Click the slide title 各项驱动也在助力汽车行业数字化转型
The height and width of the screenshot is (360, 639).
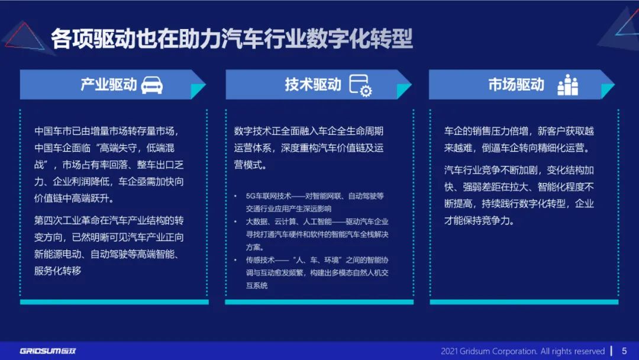click(231, 40)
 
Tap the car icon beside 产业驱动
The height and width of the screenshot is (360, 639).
click(152, 85)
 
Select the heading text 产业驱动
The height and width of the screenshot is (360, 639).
click(108, 85)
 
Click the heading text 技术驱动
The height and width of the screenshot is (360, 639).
click(313, 85)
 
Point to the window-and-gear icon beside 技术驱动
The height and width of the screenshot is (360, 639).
click(360, 85)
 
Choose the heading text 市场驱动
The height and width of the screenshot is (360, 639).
click(516, 85)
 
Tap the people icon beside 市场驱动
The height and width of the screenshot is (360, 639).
click(567, 85)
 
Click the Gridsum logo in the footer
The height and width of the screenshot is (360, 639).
click(48, 351)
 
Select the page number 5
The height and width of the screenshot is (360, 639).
click(624, 351)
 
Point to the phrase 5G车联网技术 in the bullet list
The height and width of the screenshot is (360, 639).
click(267, 196)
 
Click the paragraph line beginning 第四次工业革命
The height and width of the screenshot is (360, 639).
click(109, 221)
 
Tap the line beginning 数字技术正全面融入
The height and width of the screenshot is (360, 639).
click(309, 131)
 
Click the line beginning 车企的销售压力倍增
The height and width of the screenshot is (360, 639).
click(519, 131)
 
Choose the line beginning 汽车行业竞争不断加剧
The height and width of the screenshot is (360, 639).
click(519, 171)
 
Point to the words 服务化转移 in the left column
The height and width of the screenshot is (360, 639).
click(57, 271)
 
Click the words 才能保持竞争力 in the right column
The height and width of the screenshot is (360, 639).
click(479, 221)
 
